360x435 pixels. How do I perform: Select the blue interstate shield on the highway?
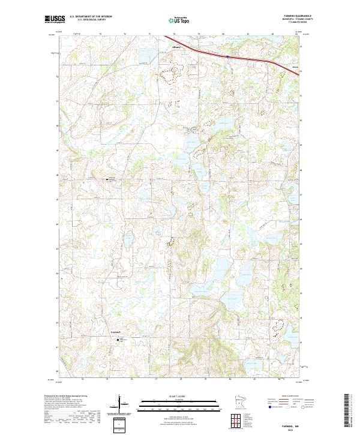pyautogui.click(x=228, y=56)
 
